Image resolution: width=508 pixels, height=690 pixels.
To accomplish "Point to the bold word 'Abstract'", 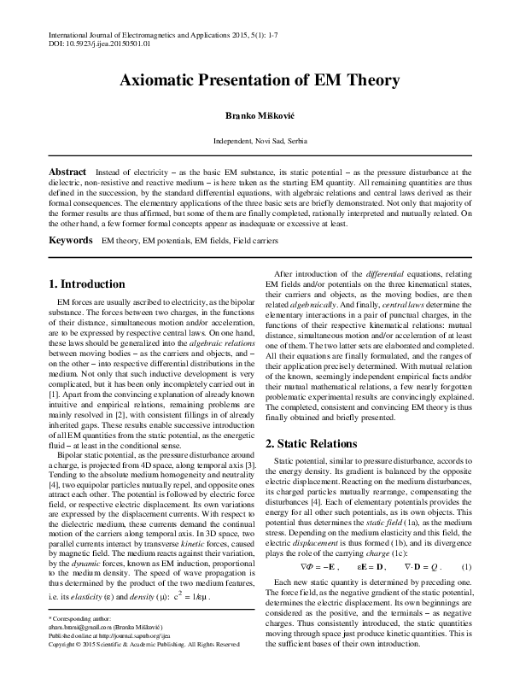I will (x=67, y=172).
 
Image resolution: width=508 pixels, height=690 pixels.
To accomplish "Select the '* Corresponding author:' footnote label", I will (x=80, y=641).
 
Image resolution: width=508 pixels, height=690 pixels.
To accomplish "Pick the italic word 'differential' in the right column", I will (x=388, y=273).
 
